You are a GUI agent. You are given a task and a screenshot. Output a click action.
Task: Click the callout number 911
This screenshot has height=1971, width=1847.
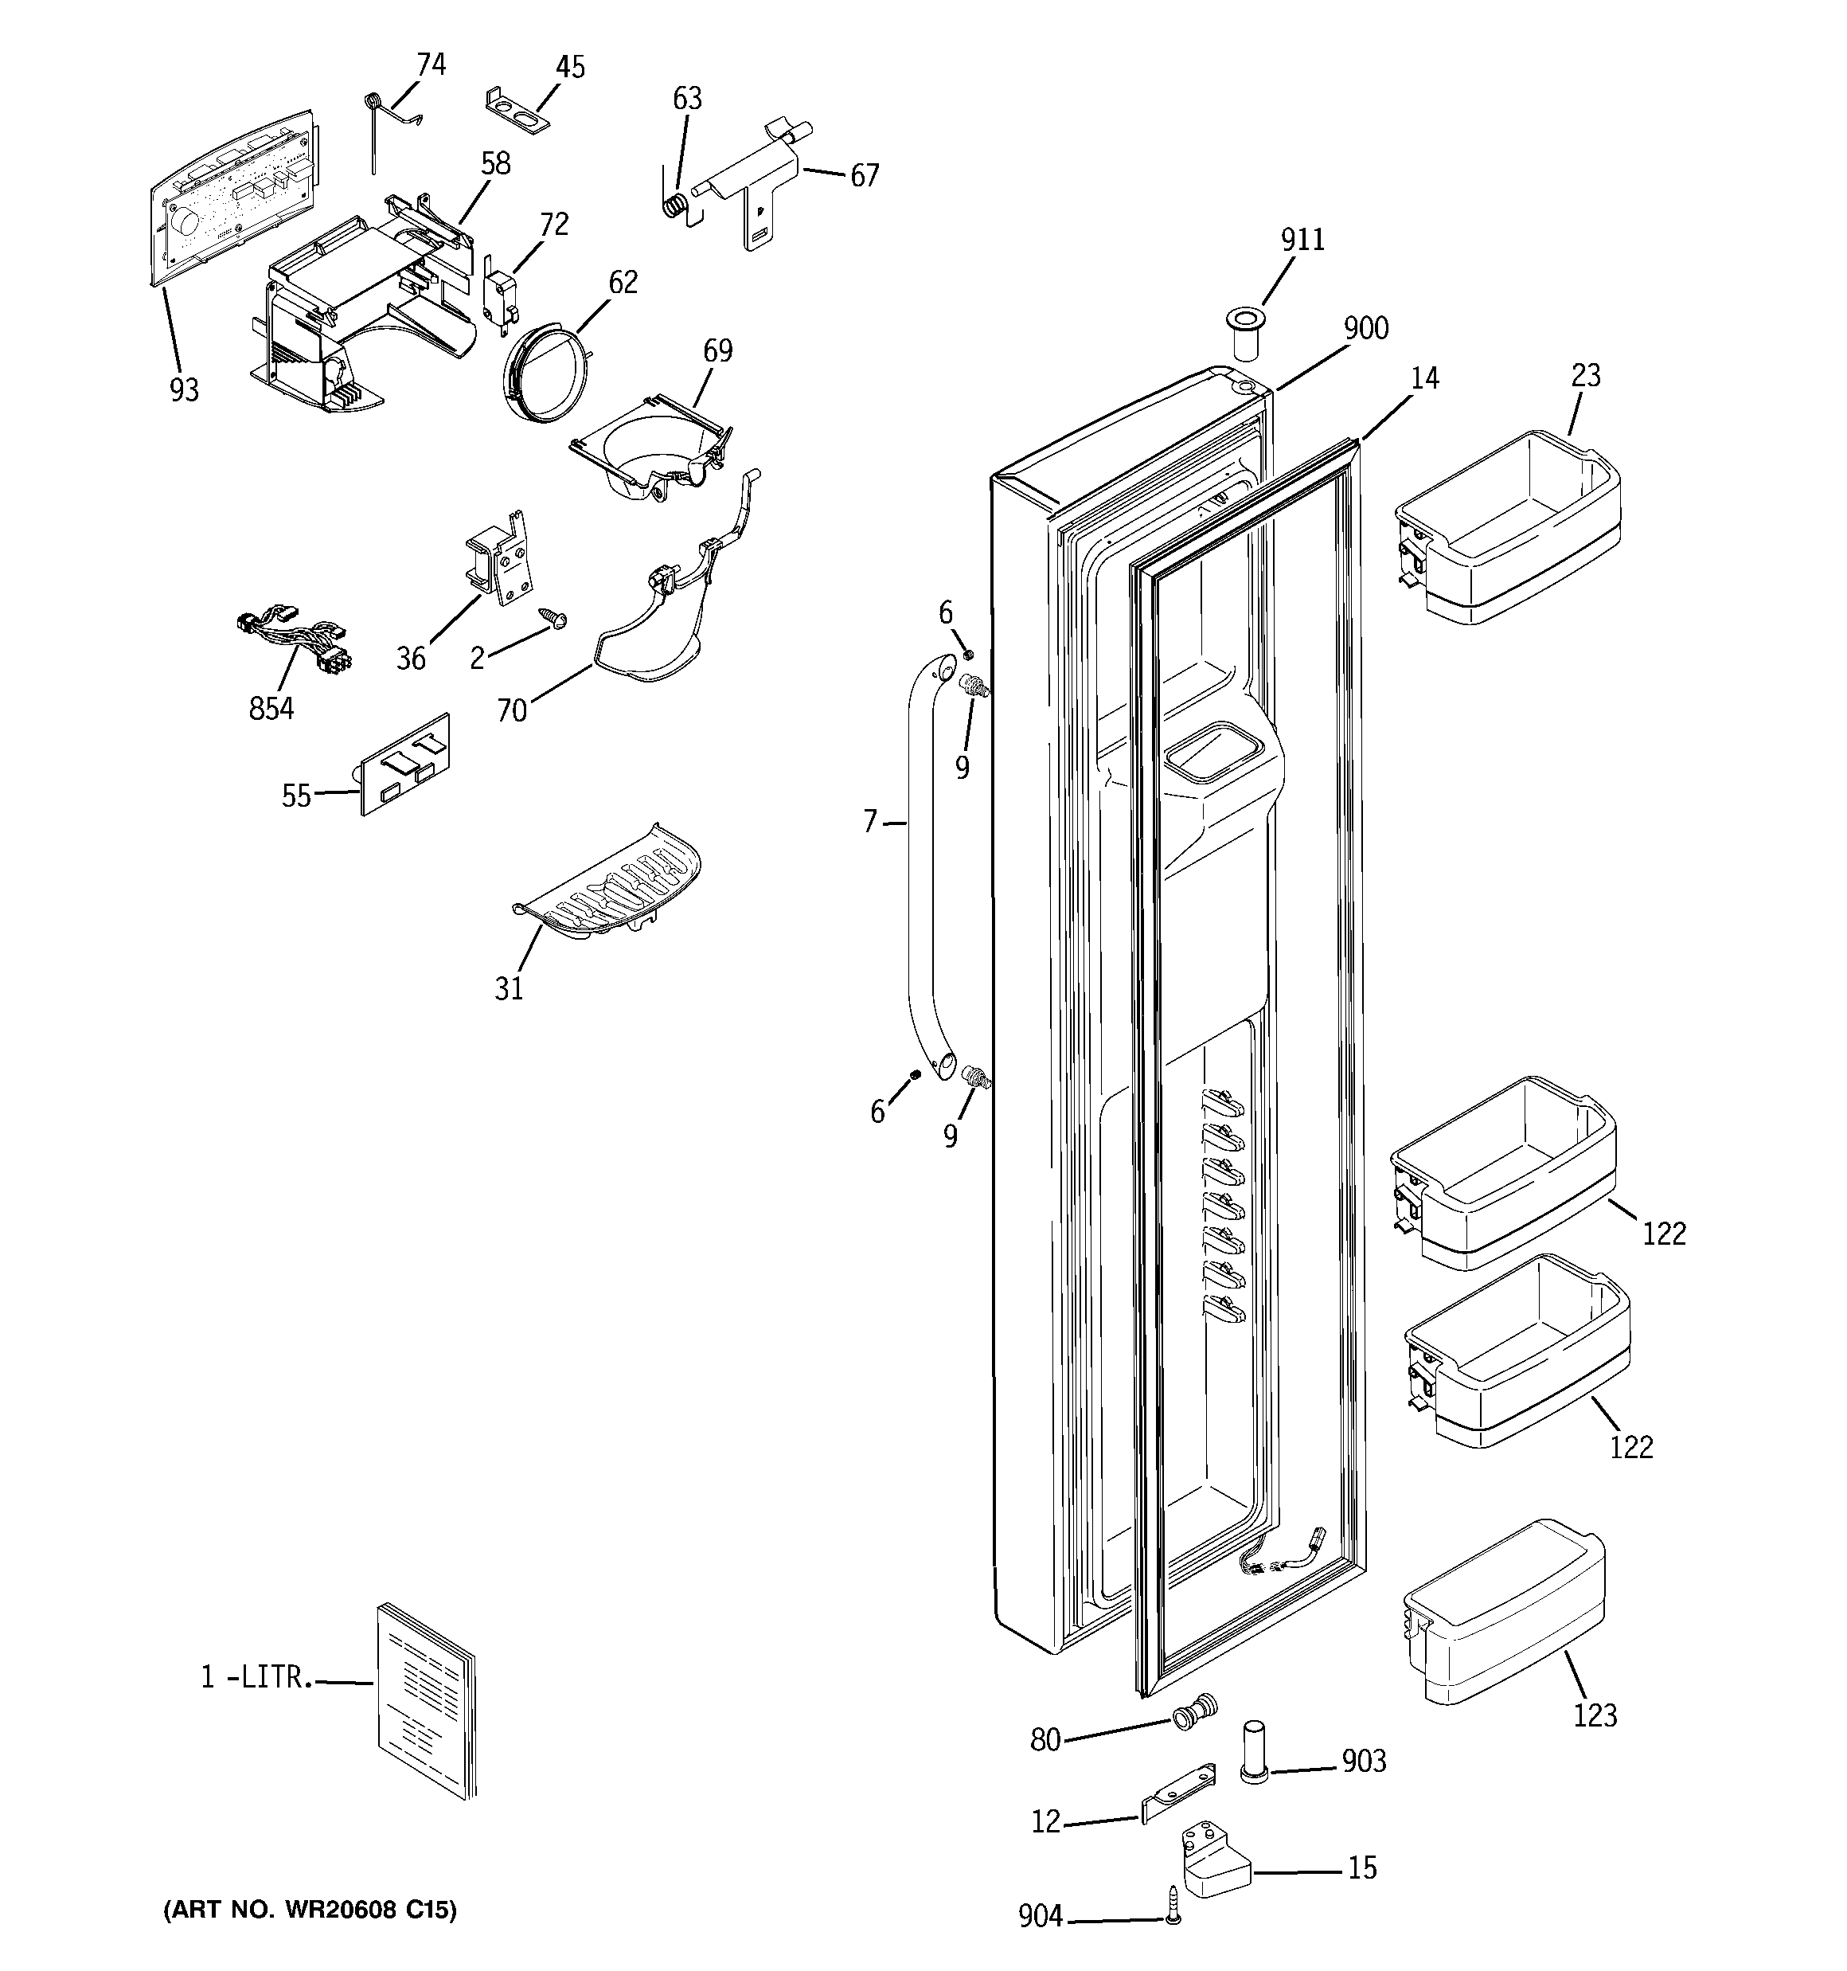pyautogui.click(x=1302, y=240)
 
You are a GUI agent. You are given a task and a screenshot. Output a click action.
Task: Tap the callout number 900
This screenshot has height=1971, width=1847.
pyautogui.click(x=1365, y=328)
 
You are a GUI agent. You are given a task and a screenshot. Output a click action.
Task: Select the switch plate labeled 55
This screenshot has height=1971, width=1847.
pyautogui.click(x=404, y=764)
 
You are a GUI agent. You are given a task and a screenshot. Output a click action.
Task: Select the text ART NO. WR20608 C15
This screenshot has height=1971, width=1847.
pyautogui.click(x=310, y=1910)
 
